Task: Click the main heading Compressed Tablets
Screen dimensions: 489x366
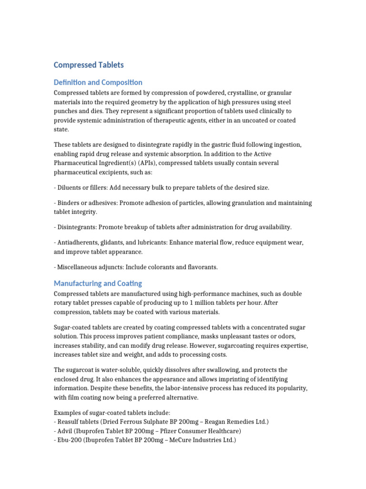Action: [x=89, y=65]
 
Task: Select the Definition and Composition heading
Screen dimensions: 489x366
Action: [x=98, y=83]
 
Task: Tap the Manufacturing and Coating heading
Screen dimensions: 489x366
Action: [x=98, y=283]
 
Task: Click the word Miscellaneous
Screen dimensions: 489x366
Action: [x=80, y=267]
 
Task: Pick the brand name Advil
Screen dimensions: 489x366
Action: [x=66, y=431]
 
